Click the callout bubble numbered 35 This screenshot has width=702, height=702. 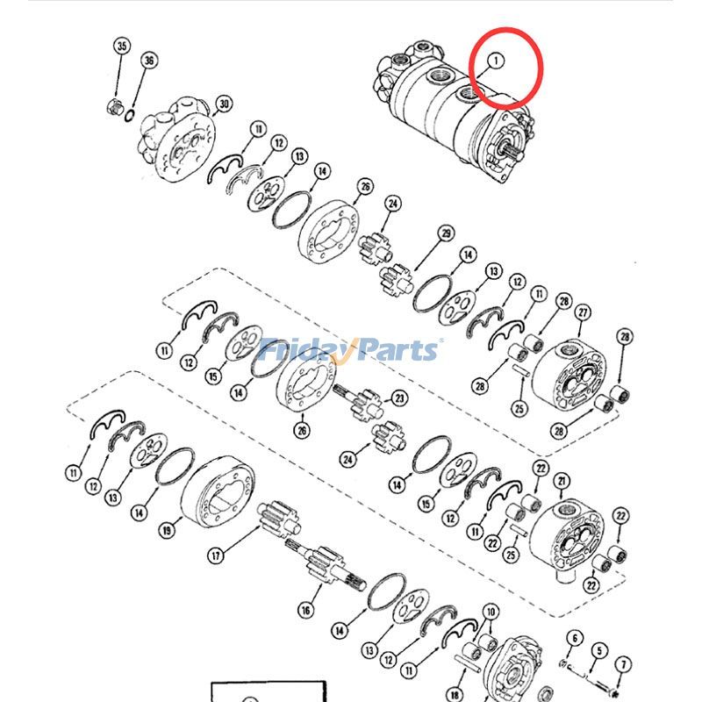pos(122,47)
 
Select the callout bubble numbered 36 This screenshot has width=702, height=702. pos(149,61)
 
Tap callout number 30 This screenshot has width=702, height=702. pos(224,104)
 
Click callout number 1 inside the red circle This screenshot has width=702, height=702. pos(496,61)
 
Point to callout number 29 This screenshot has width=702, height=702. pos(446,233)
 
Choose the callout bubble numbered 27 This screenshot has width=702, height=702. pos(583,312)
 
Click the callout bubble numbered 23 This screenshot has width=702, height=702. pos(399,398)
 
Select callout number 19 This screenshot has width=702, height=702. pos(167,531)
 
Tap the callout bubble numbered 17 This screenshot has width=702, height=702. pos(216,555)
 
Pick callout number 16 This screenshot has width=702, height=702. pos(305,610)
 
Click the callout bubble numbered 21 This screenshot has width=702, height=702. pos(562,481)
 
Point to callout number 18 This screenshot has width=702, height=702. pos(455,695)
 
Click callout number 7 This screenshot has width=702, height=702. pos(624,665)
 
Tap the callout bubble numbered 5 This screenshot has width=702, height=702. pos(599,650)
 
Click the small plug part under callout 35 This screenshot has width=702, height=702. pos(114,107)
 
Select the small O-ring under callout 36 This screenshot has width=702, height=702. pos(129,115)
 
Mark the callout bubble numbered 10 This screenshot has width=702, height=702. pos(491,612)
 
